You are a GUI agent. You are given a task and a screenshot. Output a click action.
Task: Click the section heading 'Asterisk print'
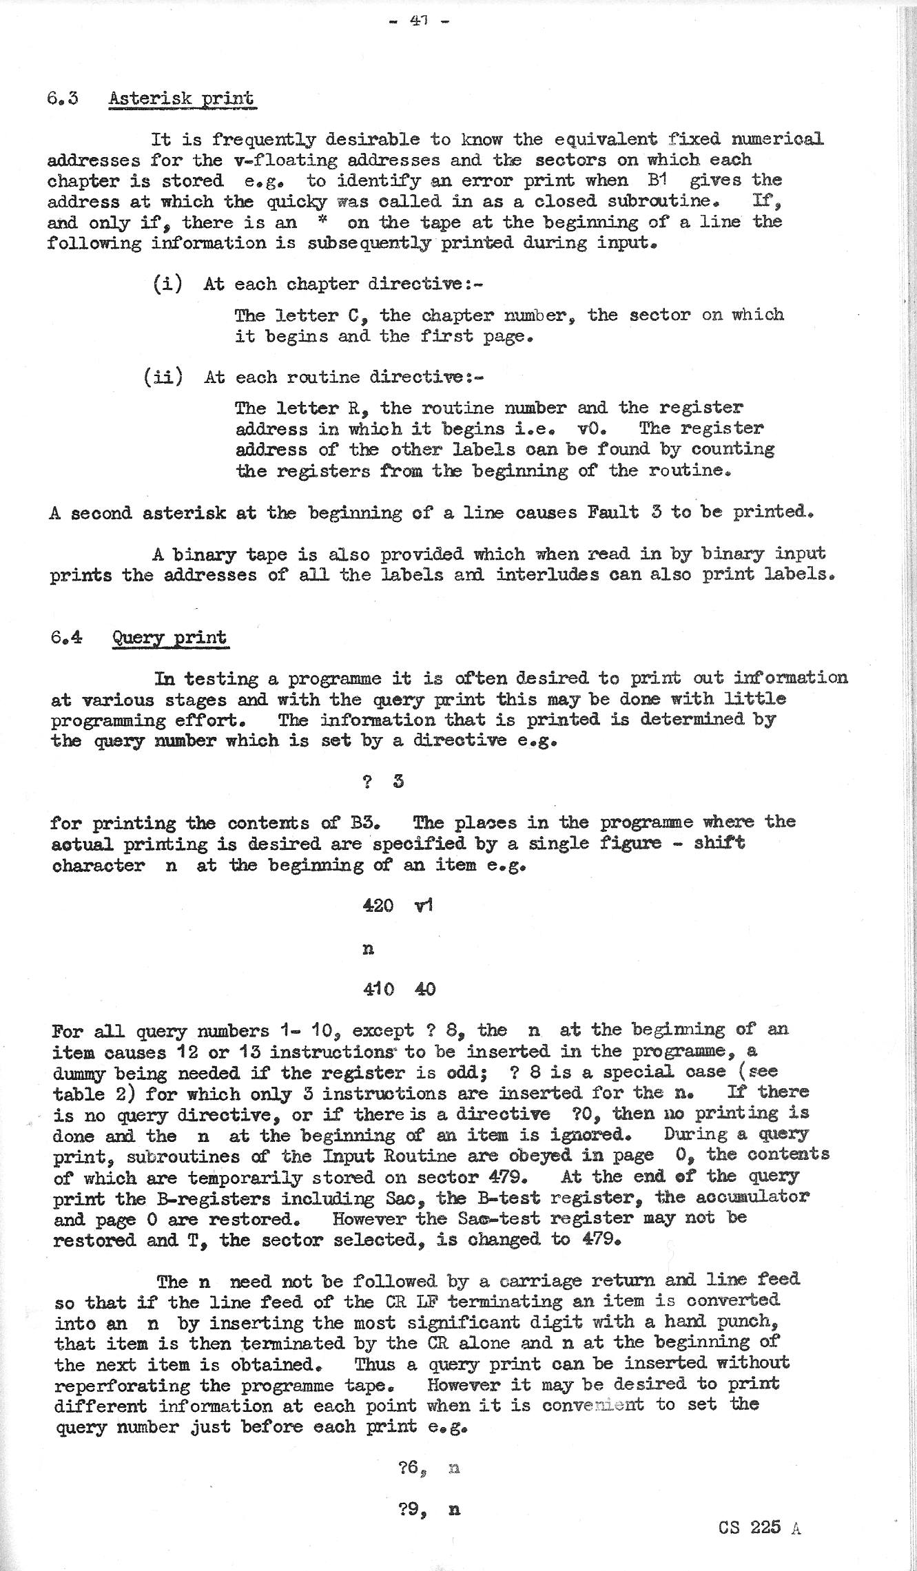click(181, 98)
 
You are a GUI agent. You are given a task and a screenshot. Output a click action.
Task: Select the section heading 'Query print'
click(169, 637)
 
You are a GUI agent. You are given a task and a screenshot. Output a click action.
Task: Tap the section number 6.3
click(63, 98)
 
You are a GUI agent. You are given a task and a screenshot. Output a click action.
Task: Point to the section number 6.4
click(66, 637)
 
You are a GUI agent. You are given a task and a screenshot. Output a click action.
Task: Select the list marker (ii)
click(163, 377)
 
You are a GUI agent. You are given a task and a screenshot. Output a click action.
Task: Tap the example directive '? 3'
click(382, 782)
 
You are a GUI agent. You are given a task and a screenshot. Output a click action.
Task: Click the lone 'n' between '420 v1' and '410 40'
click(368, 949)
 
